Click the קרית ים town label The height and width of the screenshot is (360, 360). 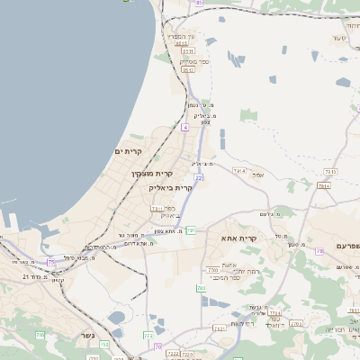(130, 152)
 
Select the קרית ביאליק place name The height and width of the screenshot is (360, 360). (171, 187)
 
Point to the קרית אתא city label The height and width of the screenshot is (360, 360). (240, 238)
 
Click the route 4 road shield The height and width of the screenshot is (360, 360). (185, 129)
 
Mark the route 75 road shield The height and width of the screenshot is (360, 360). (51, 262)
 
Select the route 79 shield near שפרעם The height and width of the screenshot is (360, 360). (319, 252)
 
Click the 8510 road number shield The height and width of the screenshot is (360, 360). (182, 43)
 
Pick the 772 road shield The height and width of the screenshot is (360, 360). (148, 335)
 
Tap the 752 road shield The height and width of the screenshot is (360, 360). (104, 344)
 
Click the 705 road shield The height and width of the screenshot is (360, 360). (40, 335)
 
